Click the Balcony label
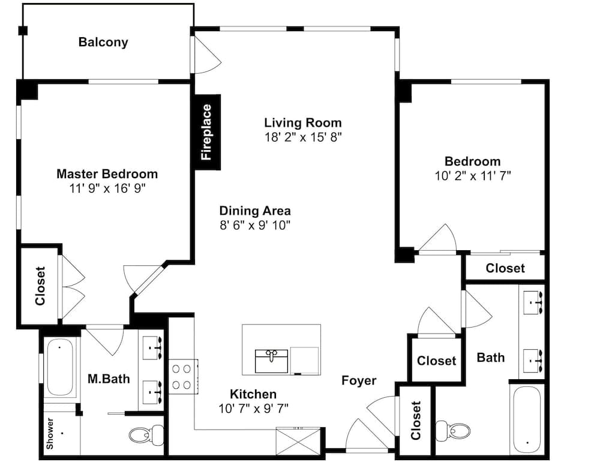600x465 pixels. [103, 43]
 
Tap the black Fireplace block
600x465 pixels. [206, 132]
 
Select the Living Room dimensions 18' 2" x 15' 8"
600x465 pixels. [302, 137]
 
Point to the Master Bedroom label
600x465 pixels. [107, 174]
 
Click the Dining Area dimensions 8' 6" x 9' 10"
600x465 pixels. [255, 226]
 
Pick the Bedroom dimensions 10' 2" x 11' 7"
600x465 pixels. [472, 176]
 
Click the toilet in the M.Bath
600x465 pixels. [148, 434]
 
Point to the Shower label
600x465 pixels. [50, 434]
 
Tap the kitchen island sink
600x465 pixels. [272, 359]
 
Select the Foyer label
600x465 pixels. [359, 380]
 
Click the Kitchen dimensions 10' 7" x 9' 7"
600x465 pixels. [253, 408]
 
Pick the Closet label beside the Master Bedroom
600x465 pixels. [40, 285]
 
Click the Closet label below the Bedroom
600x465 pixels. [505, 268]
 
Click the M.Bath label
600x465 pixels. [109, 379]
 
